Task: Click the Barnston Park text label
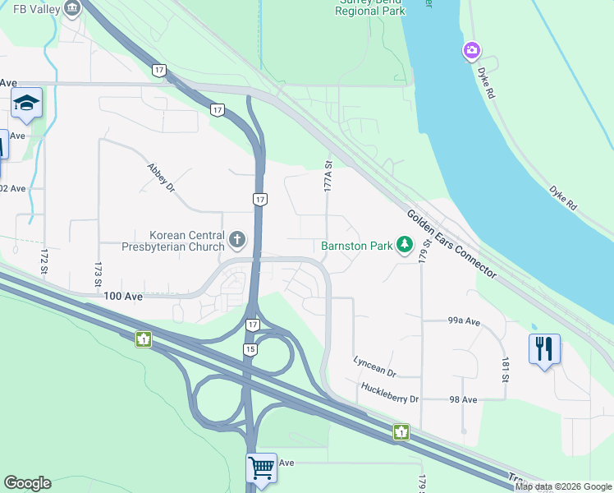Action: pos(355,245)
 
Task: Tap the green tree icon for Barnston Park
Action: pos(404,244)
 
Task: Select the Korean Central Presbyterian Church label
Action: pos(173,241)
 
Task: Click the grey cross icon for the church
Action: pos(237,240)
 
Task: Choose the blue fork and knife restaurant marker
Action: pos(543,349)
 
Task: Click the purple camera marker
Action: pos(471,51)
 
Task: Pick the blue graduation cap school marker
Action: pos(26,103)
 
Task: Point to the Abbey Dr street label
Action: pos(161,177)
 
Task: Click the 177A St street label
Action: pos(328,177)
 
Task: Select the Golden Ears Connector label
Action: pos(451,243)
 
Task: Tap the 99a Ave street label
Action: pos(464,321)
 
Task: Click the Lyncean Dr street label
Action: pos(374,366)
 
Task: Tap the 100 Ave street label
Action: pos(123,296)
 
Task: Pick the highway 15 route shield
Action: pos(250,349)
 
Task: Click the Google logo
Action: pos(27,483)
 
